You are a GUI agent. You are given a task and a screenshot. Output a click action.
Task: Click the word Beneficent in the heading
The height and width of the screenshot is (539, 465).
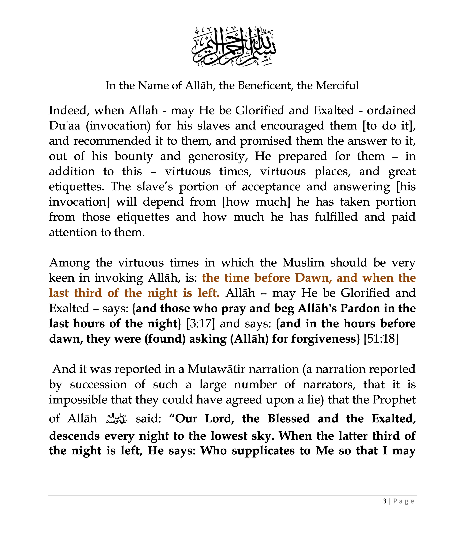pos(265,85)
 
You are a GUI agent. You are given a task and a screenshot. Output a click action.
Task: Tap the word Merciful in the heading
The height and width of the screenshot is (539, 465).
pos(337,85)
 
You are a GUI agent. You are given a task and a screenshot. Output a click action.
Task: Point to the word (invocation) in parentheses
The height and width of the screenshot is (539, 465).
pos(118,126)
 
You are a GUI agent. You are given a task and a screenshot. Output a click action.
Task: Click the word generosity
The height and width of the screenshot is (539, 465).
pos(218,156)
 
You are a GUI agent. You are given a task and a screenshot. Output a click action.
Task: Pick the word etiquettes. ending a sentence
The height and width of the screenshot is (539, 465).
pos(76,187)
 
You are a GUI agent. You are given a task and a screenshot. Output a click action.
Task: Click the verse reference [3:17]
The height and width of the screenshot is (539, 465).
pos(201,324)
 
